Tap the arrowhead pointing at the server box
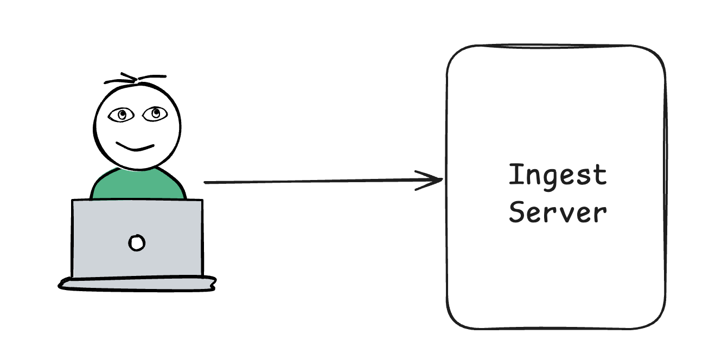pos(437,181)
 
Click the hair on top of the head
pos(136,79)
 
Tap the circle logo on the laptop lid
pos(137,242)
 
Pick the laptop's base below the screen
pos(137,283)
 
